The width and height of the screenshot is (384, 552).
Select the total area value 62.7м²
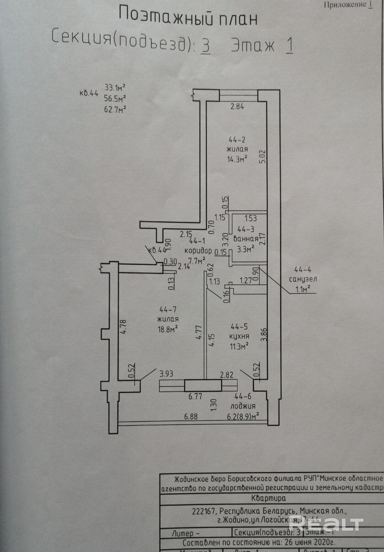click(x=115, y=109)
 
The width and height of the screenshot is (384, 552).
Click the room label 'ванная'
click(x=246, y=239)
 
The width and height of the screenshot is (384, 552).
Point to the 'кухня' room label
click(x=239, y=336)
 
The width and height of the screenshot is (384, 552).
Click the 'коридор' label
click(x=198, y=250)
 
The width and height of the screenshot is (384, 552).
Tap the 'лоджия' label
click(x=243, y=406)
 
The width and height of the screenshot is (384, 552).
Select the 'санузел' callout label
click(x=303, y=279)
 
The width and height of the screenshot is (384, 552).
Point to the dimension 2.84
click(x=237, y=106)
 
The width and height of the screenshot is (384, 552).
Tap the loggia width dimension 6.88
click(x=191, y=416)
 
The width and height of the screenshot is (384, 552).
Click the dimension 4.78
click(x=123, y=327)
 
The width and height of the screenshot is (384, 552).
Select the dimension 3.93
click(x=166, y=373)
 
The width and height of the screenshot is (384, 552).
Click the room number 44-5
click(x=239, y=327)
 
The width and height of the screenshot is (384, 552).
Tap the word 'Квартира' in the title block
click(x=268, y=498)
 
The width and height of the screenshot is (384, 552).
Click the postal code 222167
click(x=203, y=511)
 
